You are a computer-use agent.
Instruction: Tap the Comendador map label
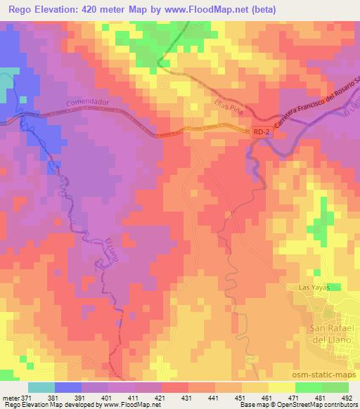(89, 103)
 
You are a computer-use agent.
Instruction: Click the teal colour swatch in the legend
(41, 387)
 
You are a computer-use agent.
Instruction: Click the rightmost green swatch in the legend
(335, 387)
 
